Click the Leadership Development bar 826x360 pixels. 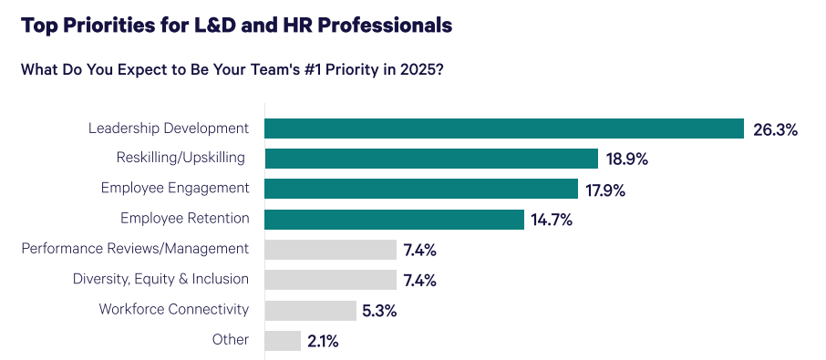pyautogui.click(x=504, y=129)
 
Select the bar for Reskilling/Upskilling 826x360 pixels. pyautogui.click(x=430, y=159)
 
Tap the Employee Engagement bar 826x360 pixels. pyautogui.click(x=421, y=189)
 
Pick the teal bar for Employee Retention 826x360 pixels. pyautogui.click(x=394, y=219)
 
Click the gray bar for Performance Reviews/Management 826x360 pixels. pyautogui.click(x=330, y=249)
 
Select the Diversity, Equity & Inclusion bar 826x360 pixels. pyautogui.click(x=330, y=280)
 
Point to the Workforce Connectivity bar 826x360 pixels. pyautogui.click(x=309, y=310)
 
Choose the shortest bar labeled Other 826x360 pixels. pyautogui.click(x=283, y=340)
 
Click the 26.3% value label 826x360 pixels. pyautogui.click(x=775, y=129)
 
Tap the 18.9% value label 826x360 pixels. pyautogui.click(x=627, y=159)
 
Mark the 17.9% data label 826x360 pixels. pyautogui.click(x=607, y=190)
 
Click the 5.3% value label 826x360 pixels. pyautogui.click(x=379, y=311)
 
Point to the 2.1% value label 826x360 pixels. pyautogui.click(x=324, y=341)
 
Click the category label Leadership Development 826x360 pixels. pyautogui.click(x=169, y=129)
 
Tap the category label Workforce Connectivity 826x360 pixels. pyautogui.click(x=173, y=309)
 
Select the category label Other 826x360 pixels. pyautogui.click(x=230, y=339)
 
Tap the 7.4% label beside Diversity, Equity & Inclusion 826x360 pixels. pyautogui.click(x=419, y=281)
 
